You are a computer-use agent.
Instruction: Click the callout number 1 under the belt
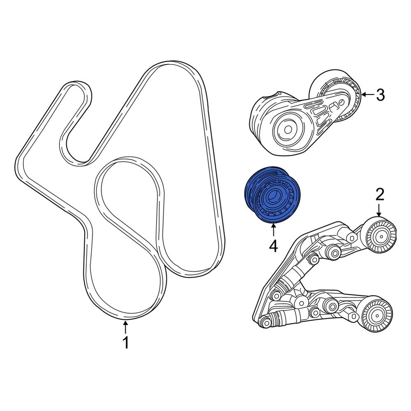pyautogui.click(x=126, y=342)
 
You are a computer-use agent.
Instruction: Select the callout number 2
pyautogui.click(x=379, y=194)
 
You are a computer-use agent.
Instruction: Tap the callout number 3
pyautogui.click(x=380, y=95)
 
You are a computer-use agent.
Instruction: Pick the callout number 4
pyautogui.click(x=273, y=246)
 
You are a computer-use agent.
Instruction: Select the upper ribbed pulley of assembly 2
pyautogui.click(x=381, y=236)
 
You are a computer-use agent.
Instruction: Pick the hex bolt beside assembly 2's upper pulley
pyautogui.click(x=351, y=237)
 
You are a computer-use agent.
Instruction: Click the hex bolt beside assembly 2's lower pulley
pyautogui.click(x=353, y=316)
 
